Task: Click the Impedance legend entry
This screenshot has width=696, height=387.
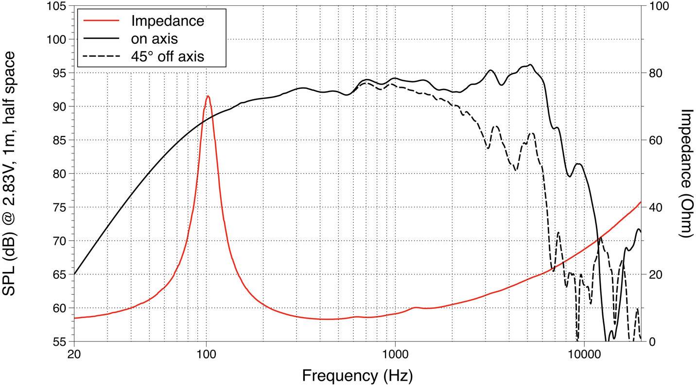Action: pyautogui.click(x=167, y=21)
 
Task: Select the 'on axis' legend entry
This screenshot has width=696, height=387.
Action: pyautogui.click(x=155, y=38)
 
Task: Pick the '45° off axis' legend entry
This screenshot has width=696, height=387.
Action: pyautogui.click(x=167, y=56)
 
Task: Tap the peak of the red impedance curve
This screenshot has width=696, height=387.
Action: pyautogui.click(x=208, y=96)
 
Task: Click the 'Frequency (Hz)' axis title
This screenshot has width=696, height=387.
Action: pyautogui.click(x=358, y=375)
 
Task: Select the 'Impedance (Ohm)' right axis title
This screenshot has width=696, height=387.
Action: pyautogui.click(x=685, y=173)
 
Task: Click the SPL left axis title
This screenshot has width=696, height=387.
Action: pyautogui.click(x=12, y=174)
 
